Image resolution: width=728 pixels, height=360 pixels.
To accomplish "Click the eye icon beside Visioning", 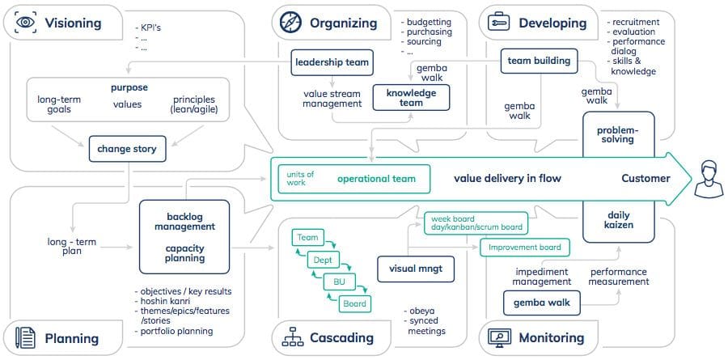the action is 26,23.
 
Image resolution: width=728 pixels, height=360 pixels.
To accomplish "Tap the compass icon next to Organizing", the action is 291,23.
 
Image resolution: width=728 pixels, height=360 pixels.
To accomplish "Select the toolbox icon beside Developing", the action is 498,23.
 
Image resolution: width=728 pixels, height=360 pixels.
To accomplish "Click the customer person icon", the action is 709,179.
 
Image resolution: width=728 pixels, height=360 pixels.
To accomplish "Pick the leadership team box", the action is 332,62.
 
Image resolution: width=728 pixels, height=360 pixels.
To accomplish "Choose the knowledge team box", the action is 412,98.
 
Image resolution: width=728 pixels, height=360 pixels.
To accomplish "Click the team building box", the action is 539,61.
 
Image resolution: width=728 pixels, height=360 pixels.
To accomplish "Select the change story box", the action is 127,149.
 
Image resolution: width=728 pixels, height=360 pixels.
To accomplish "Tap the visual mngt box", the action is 416,269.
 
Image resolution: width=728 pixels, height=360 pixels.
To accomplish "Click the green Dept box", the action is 323,260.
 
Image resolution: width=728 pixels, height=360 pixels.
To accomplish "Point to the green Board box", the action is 355,304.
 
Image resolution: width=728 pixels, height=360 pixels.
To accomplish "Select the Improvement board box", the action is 524,248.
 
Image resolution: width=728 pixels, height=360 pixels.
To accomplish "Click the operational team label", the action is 376,179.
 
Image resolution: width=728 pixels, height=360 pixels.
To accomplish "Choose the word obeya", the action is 419,311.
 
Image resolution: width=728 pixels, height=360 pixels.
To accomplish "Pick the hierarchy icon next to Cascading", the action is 293,337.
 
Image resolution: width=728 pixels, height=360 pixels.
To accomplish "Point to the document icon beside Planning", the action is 25,337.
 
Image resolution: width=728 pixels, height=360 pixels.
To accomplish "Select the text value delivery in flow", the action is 507,178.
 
